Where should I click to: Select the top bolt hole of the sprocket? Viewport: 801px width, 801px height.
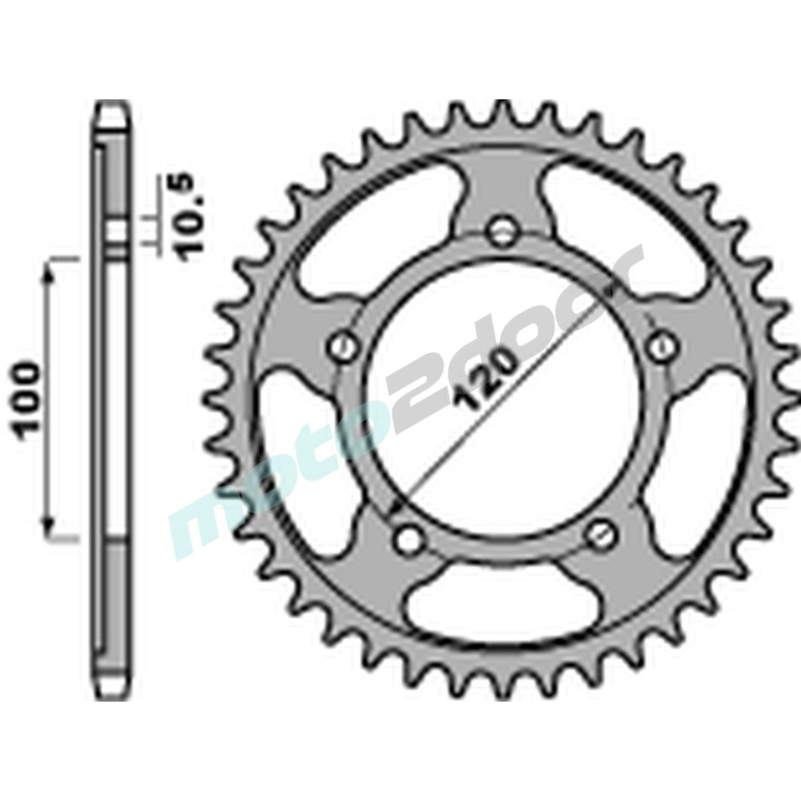click(501, 231)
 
